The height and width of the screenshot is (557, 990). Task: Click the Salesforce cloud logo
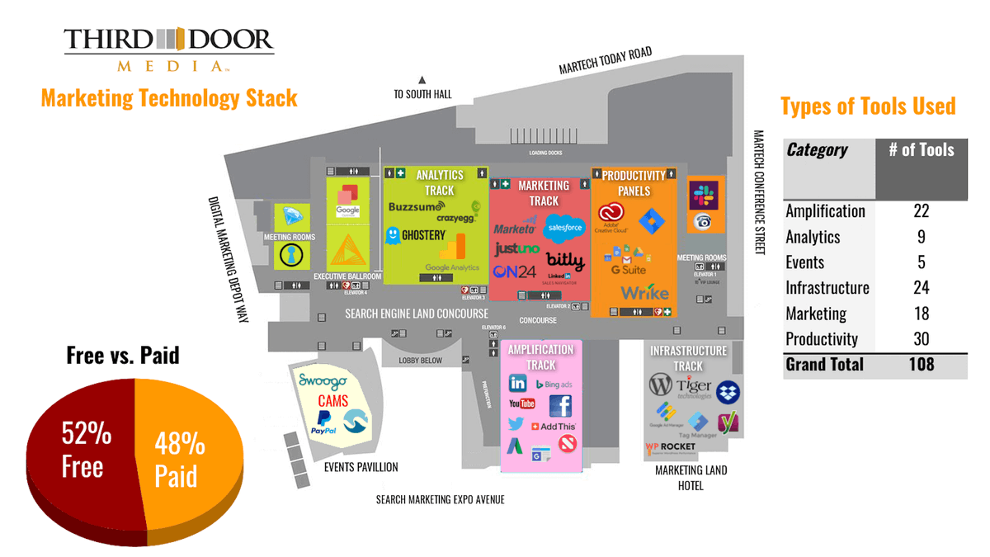pos(565,225)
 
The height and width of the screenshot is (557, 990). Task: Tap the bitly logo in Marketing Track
pos(564,261)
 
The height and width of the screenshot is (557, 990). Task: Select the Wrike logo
pos(644,293)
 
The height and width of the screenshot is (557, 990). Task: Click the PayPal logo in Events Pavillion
pos(323,422)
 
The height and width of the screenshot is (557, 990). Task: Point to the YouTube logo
pos(521,404)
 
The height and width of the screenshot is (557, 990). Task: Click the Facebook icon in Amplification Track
pos(560,405)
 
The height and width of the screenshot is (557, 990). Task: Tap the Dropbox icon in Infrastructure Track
pos(728,392)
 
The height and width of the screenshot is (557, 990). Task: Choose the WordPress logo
pos(661,385)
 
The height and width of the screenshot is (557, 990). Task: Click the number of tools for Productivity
pos(921,338)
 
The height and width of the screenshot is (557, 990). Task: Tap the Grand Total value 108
pos(921,364)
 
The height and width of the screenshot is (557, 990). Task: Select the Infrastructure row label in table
pos(827,288)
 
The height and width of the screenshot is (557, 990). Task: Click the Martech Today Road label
pos(605,63)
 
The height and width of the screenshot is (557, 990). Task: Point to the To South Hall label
pos(422,94)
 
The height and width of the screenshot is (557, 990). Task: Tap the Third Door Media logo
pos(168,49)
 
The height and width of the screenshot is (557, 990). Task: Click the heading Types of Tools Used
pos(867,106)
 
